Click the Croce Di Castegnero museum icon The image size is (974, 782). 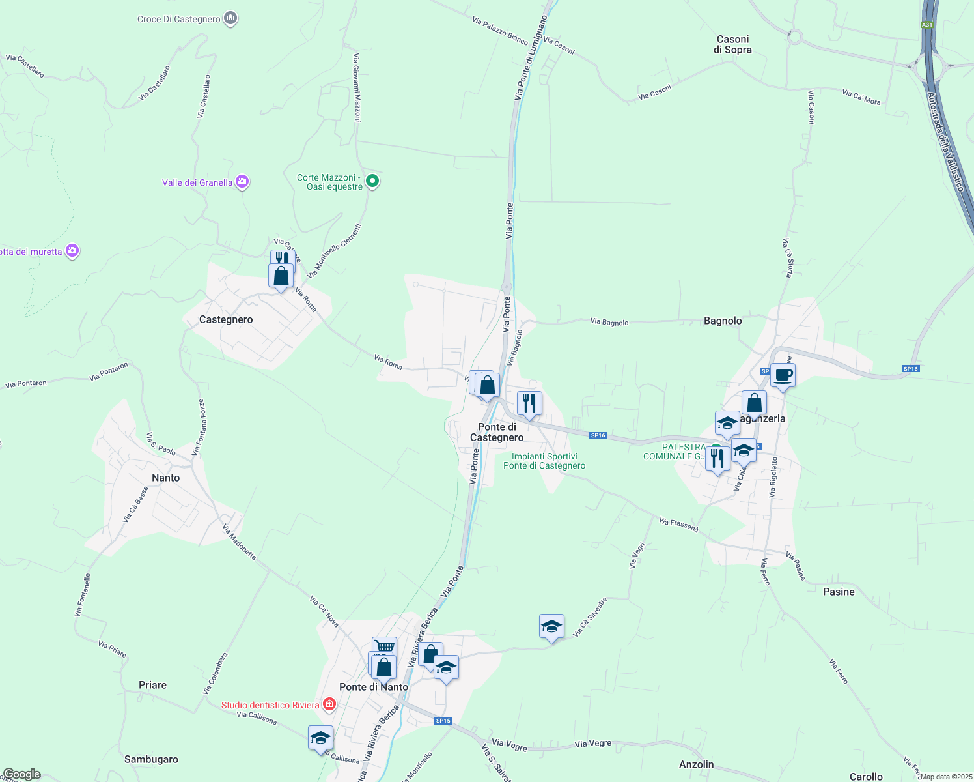pyautogui.click(x=230, y=19)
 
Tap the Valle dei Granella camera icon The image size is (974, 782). pyautogui.click(x=242, y=182)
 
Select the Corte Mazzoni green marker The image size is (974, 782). pyautogui.click(x=372, y=181)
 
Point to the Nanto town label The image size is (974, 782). pyautogui.click(x=165, y=478)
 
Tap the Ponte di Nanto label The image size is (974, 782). pyautogui.click(x=374, y=687)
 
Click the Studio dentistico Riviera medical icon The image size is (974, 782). pyautogui.click(x=329, y=704)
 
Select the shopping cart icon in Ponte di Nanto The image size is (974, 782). pyautogui.click(x=384, y=647)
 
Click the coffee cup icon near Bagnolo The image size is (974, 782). pyautogui.click(x=783, y=375)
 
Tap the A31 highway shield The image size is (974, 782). pyautogui.click(x=927, y=25)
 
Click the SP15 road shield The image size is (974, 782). pyautogui.click(x=443, y=721)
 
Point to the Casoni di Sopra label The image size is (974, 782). pyautogui.click(x=732, y=44)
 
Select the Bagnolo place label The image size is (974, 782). pyautogui.click(x=723, y=321)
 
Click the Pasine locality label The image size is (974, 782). pyautogui.click(x=839, y=592)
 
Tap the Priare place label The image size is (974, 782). pyautogui.click(x=152, y=685)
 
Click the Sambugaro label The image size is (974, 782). pyautogui.click(x=151, y=759)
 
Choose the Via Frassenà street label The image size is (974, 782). pyautogui.click(x=678, y=525)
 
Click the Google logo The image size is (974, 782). pyautogui.click(x=21, y=774)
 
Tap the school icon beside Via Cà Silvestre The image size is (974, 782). pyautogui.click(x=551, y=627)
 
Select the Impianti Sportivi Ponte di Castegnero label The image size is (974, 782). pyautogui.click(x=544, y=461)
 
